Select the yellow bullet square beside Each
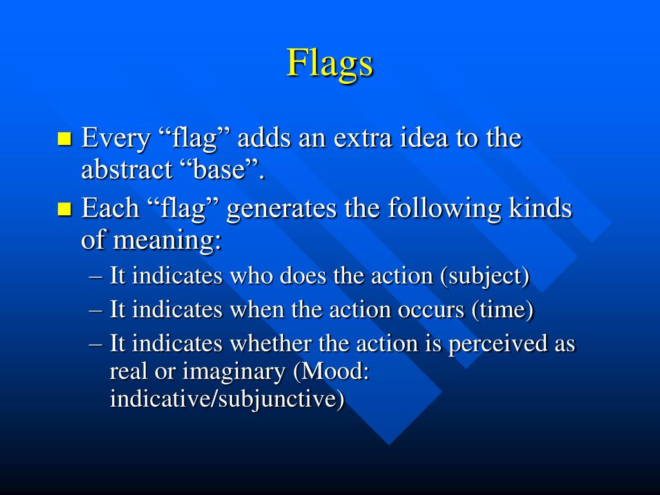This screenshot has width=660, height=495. click(x=64, y=208)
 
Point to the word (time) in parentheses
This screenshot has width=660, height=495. click(x=503, y=310)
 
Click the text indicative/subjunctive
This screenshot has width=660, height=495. click(x=227, y=400)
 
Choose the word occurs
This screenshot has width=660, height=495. click(x=433, y=310)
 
